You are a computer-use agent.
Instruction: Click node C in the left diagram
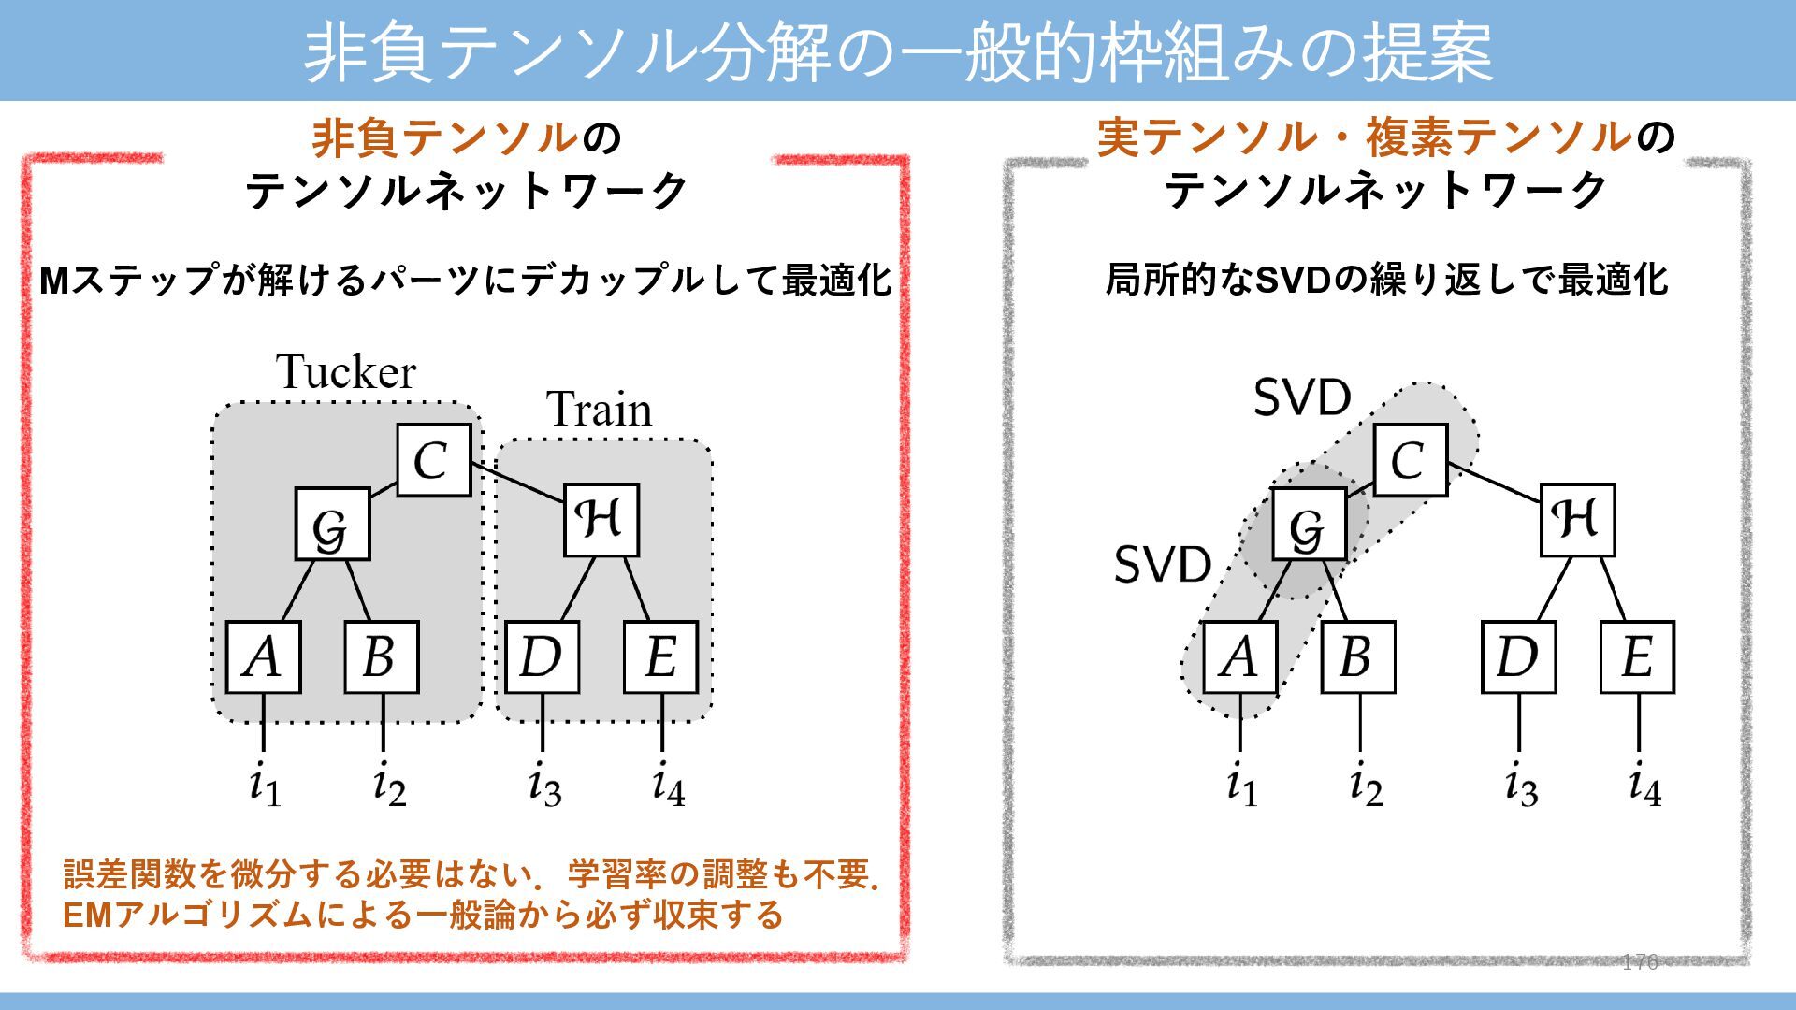click(x=433, y=460)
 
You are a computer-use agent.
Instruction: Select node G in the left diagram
click(x=332, y=525)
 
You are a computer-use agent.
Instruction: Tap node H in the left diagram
click(x=601, y=521)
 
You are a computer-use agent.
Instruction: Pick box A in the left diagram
click(x=263, y=656)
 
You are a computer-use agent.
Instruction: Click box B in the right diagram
click(x=1358, y=656)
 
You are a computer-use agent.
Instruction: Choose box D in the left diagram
click(x=542, y=656)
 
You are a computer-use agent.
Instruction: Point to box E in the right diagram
click(x=1637, y=656)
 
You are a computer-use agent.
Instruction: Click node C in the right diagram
click(x=1411, y=460)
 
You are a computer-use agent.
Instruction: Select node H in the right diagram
click(x=1578, y=521)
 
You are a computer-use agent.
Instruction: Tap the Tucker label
click(x=346, y=372)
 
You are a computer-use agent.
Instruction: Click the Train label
click(x=599, y=410)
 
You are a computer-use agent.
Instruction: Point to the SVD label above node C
click(x=1302, y=398)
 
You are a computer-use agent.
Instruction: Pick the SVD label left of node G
click(x=1163, y=565)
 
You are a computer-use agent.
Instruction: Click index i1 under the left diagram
click(x=265, y=786)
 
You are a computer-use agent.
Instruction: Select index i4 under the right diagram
click(x=1644, y=786)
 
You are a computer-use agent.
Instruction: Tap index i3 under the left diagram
click(x=544, y=786)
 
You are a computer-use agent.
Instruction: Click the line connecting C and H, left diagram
click(x=517, y=483)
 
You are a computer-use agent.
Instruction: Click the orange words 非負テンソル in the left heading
click(x=445, y=138)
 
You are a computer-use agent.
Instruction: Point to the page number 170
click(x=1639, y=962)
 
